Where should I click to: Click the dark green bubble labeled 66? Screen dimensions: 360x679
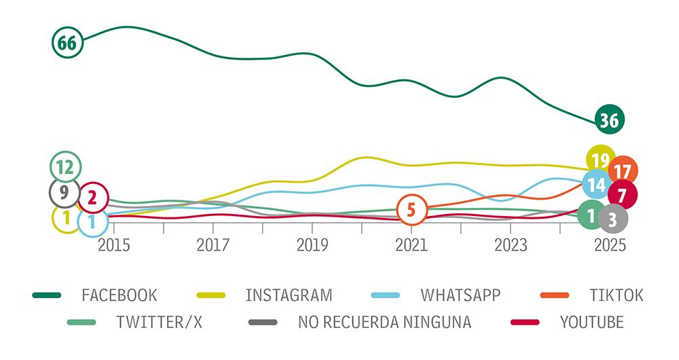click(67, 43)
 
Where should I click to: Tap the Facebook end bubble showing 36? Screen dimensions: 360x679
click(609, 120)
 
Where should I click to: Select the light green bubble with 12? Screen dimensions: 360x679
click(65, 167)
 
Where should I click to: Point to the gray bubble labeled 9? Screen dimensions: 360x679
click(64, 193)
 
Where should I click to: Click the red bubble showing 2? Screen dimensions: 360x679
click(92, 198)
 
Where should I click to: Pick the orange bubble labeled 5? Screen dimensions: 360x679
click(411, 209)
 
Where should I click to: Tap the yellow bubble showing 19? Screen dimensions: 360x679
click(600, 160)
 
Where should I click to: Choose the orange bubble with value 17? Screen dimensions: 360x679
click(623, 171)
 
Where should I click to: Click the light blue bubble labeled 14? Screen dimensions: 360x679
click(597, 184)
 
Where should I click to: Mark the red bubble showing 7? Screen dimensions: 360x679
click(622, 195)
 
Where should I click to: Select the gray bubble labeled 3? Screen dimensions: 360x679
click(612, 218)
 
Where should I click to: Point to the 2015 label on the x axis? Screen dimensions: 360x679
click(114, 245)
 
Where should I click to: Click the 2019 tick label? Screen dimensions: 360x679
click(312, 245)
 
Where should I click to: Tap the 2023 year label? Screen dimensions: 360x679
click(510, 245)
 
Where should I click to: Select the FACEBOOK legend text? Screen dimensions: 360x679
click(119, 295)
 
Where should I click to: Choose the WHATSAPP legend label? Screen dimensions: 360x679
click(460, 295)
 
